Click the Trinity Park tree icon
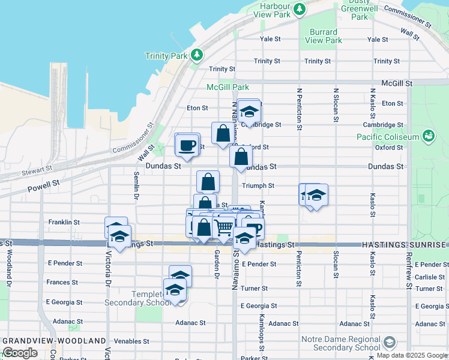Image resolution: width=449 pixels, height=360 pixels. pyautogui.click(x=197, y=55)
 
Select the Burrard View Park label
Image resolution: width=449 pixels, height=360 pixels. pyautogui.click(x=326, y=36)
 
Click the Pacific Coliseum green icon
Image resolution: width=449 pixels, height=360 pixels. pyautogui.click(x=428, y=137)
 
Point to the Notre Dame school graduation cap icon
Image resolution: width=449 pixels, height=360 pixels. pyautogui.click(x=389, y=343)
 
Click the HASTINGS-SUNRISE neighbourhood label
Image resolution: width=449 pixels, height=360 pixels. pyautogui.click(x=405, y=245)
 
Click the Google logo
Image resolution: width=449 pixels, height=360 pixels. pyautogui.click(x=20, y=353)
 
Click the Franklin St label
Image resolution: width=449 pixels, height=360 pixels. pyautogui.click(x=64, y=222)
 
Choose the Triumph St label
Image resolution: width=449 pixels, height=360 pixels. pyautogui.click(x=258, y=186)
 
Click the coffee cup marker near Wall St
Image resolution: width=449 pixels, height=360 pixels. pyautogui.click(x=187, y=145)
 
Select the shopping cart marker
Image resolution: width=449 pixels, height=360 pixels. pyautogui.click(x=224, y=227)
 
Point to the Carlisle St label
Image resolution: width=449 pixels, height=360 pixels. pyautogui.click(x=429, y=277)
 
